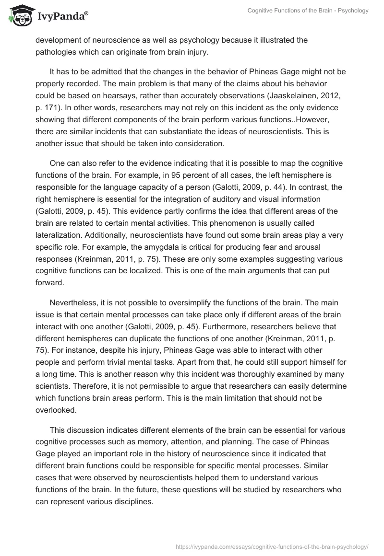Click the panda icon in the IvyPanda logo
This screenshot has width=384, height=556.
(18, 16)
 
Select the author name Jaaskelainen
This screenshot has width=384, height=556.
(277, 95)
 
